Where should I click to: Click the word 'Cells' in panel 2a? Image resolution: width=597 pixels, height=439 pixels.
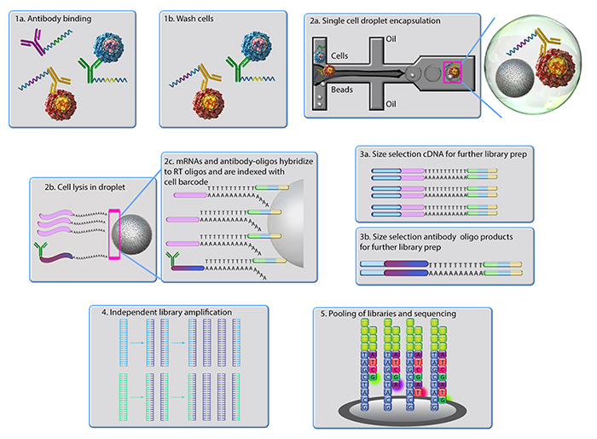342,56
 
